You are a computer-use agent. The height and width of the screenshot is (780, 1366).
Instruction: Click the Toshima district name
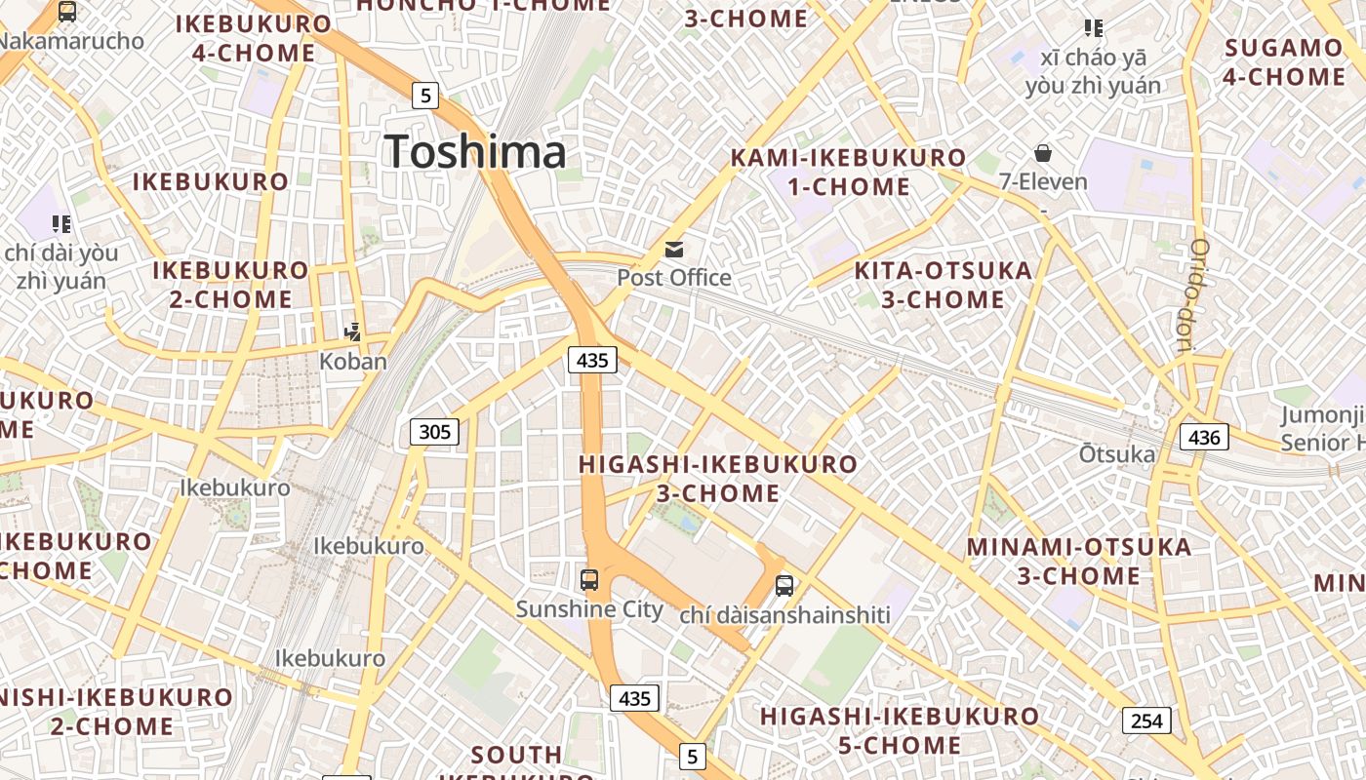click(x=475, y=152)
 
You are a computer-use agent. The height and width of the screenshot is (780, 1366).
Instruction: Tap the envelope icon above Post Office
click(x=674, y=250)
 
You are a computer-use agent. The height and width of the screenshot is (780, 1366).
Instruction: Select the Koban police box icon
click(x=353, y=332)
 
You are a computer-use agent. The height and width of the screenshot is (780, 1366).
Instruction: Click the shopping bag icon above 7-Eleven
click(x=1043, y=153)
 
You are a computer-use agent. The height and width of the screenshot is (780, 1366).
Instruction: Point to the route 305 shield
click(x=434, y=431)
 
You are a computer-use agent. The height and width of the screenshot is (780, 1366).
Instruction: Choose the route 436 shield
click(x=1204, y=437)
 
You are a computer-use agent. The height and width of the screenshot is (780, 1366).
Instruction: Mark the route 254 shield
click(x=1146, y=721)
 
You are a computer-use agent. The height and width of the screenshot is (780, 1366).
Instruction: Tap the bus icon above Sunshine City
click(x=589, y=580)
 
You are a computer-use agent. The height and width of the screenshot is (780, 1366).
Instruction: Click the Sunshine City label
click(x=589, y=610)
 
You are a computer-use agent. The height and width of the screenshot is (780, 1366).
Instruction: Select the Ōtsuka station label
click(x=1117, y=454)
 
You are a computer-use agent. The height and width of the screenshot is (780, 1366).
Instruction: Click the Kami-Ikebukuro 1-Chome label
click(x=848, y=173)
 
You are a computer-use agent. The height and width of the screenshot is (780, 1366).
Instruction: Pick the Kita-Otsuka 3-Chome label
click(x=943, y=285)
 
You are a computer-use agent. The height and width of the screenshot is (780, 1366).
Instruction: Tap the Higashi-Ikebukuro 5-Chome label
click(x=900, y=731)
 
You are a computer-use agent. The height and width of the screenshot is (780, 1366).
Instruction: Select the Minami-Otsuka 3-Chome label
click(x=1079, y=561)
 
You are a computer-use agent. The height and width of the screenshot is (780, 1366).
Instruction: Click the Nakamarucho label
click(x=72, y=41)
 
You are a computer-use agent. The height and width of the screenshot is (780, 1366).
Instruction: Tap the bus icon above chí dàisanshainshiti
click(x=784, y=586)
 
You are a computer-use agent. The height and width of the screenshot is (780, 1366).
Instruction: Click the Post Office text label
click(x=674, y=278)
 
